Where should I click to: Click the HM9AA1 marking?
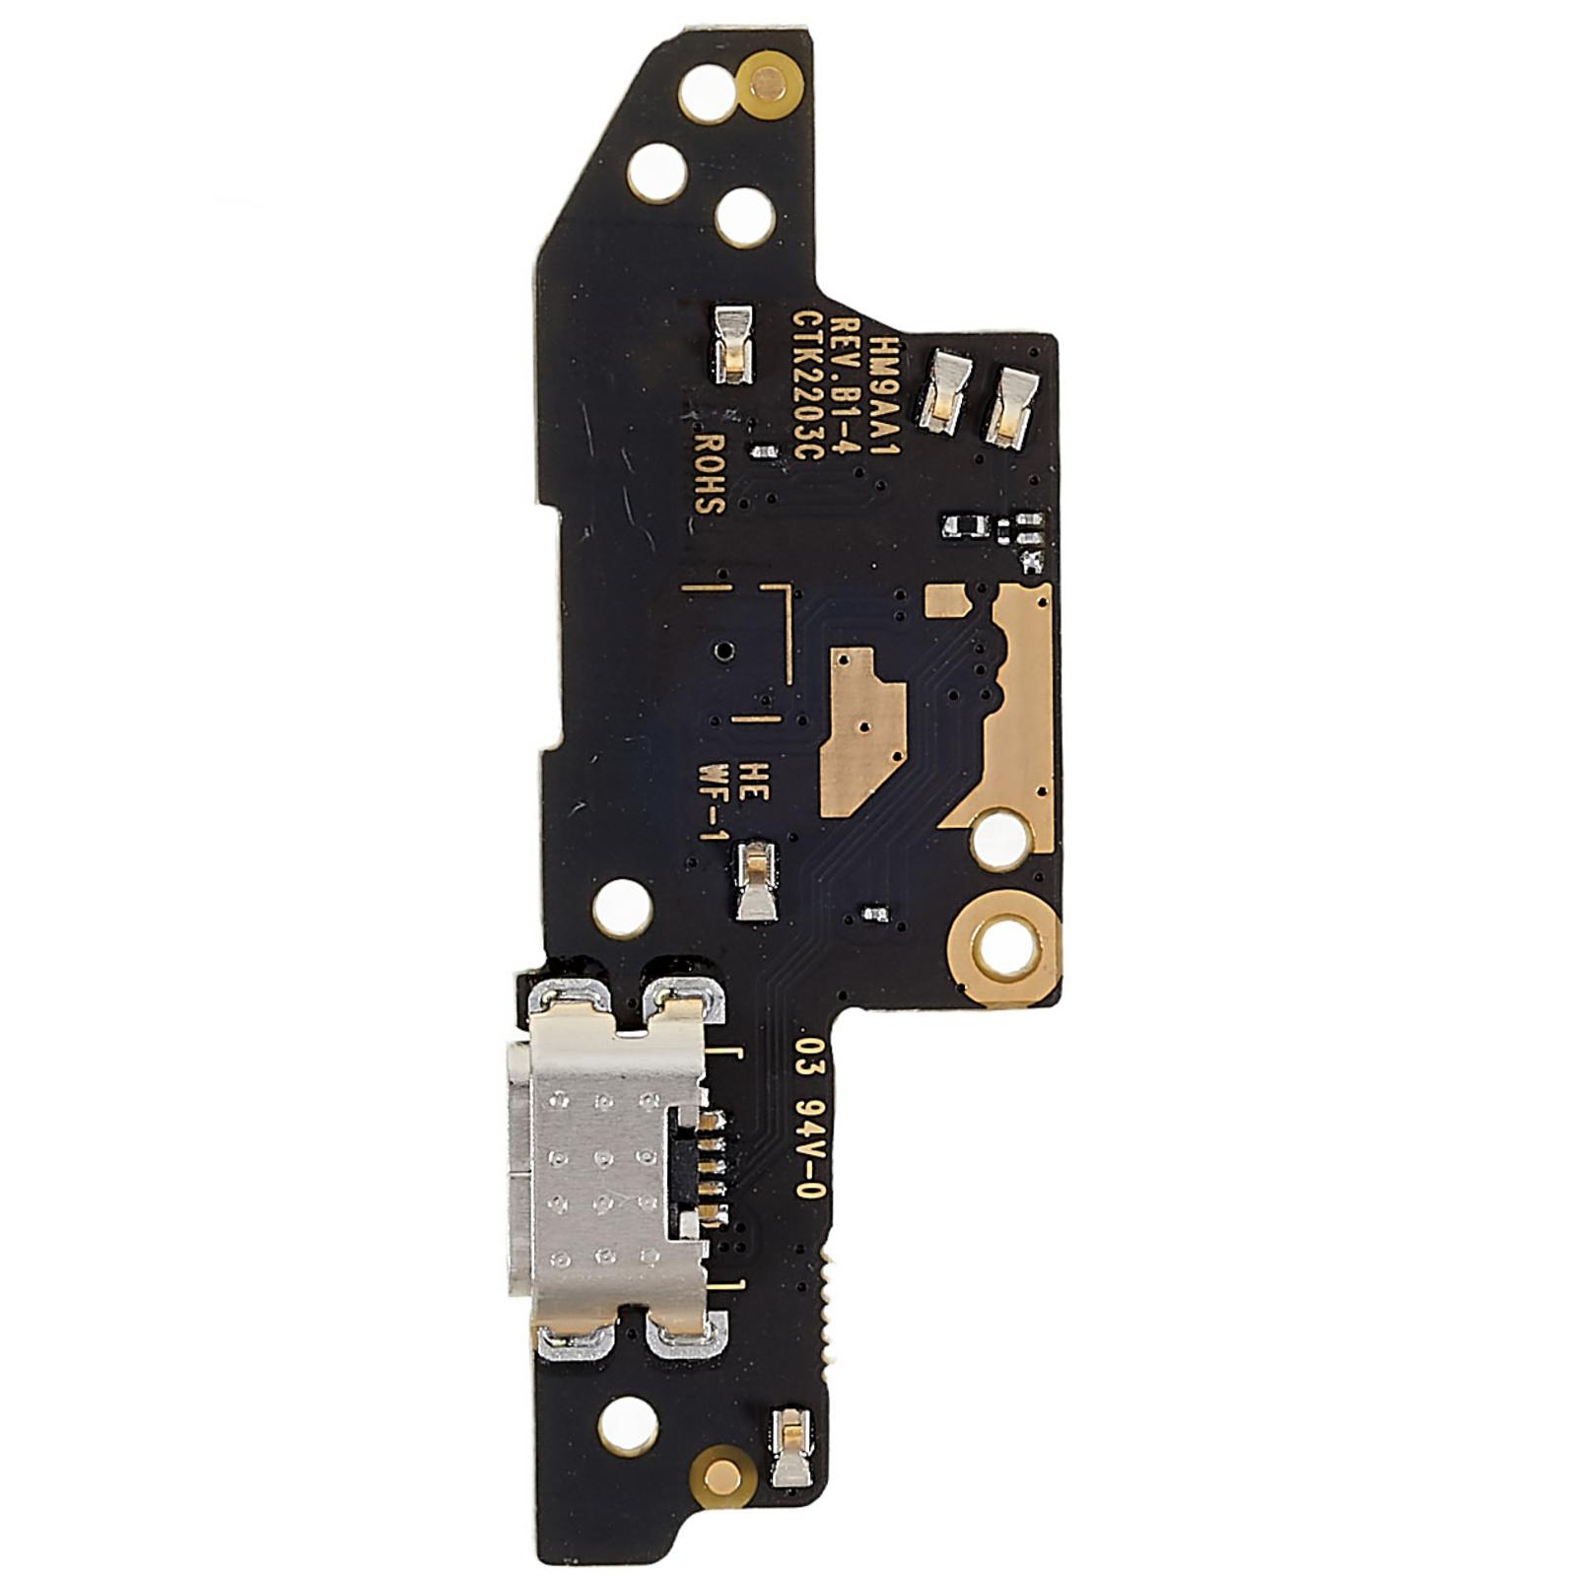click(888, 384)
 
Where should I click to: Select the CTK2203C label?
click(808, 386)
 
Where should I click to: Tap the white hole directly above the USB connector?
click(621, 905)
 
